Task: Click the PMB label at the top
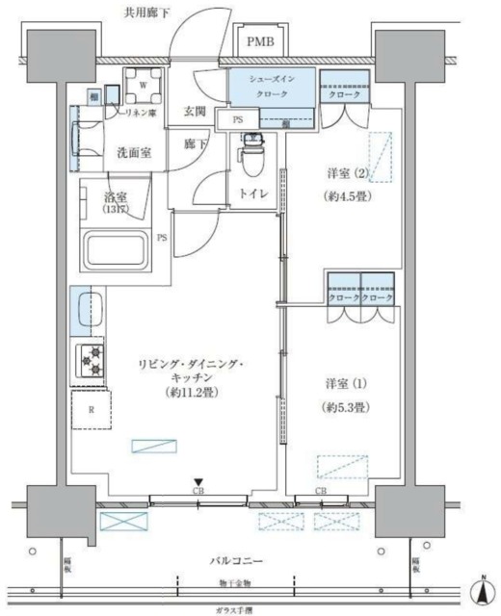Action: [x=259, y=41]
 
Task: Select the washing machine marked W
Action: [x=143, y=85]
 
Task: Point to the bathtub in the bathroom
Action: [x=119, y=252]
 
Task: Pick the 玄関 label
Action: [x=195, y=111]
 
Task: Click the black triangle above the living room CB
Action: [x=198, y=483]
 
